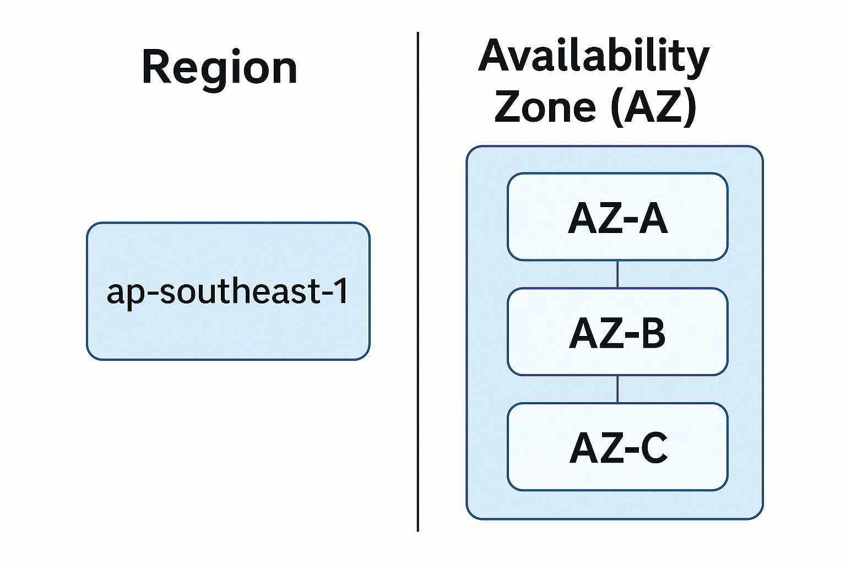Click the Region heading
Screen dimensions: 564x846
(x=219, y=68)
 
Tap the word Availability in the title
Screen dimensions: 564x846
(x=594, y=57)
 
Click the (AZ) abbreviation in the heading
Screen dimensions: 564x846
(x=653, y=107)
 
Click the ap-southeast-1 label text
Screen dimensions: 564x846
(x=227, y=291)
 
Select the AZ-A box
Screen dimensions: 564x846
(x=617, y=217)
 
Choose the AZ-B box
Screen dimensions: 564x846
(x=617, y=332)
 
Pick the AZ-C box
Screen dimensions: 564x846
(x=617, y=447)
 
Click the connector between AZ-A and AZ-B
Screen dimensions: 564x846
(x=617, y=274)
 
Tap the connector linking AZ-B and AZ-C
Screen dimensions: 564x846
(x=617, y=389)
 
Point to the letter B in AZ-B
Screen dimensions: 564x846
(x=653, y=333)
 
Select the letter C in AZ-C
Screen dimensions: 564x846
(x=654, y=448)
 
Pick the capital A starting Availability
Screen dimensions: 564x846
(x=496, y=56)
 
